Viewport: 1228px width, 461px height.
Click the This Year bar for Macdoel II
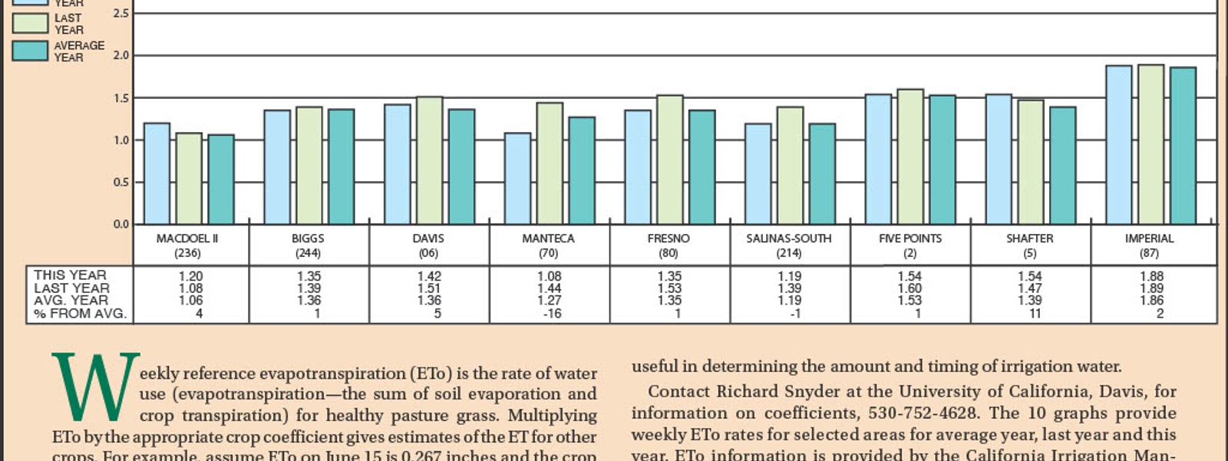point(157,173)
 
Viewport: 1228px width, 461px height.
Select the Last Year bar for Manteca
point(550,163)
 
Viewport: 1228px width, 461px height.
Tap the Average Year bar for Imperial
point(1183,146)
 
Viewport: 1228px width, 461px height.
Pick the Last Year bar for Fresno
point(669,160)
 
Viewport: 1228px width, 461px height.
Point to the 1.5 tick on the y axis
point(121,98)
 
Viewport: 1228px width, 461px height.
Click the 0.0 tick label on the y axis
point(121,224)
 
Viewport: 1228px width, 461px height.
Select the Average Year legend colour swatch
point(30,51)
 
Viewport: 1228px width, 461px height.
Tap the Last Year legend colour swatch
point(30,23)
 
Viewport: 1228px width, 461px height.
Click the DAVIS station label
point(428,239)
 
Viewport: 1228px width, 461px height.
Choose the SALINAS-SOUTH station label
point(788,239)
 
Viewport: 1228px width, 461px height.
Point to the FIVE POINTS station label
point(909,239)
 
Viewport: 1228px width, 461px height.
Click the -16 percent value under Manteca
point(552,314)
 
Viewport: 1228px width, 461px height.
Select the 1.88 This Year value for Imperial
point(1150,276)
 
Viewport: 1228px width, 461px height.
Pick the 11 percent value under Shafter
point(1035,314)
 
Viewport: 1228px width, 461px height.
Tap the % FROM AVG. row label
point(80,314)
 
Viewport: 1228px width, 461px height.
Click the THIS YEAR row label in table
point(70,275)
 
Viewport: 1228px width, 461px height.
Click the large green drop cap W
point(95,387)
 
